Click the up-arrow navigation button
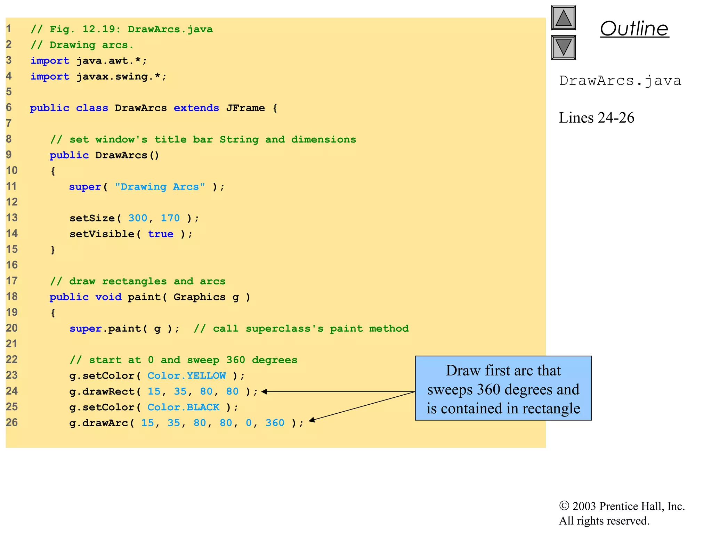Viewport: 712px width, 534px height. coord(563,18)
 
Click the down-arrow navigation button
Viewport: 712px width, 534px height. coord(563,47)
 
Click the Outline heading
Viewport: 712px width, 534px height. coord(634,29)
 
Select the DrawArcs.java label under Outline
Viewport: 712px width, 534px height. coord(620,81)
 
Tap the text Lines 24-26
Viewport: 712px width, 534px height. coord(596,118)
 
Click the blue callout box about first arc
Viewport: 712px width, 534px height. coord(503,388)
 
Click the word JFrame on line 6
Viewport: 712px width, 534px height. coord(245,108)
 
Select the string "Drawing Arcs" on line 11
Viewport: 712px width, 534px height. coord(160,187)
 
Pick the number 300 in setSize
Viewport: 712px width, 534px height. coord(138,218)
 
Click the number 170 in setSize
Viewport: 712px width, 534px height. coord(170,218)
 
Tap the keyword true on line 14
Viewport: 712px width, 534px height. coord(160,234)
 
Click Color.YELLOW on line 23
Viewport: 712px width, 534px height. coord(186,376)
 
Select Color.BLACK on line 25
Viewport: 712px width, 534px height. coord(183,407)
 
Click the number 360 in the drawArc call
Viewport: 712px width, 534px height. coord(275,423)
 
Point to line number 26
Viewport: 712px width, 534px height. coord(11,423)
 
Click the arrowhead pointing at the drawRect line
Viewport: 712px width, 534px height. coord(264,392)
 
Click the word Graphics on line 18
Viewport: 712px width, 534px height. coord(199,297)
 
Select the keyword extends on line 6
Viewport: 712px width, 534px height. coord(196,108)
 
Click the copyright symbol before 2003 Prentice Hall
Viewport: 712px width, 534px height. coord(564,506)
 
